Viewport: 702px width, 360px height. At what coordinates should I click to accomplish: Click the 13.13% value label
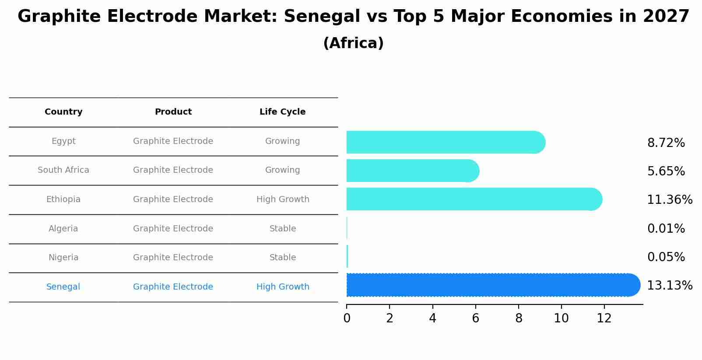[x=669, y=286]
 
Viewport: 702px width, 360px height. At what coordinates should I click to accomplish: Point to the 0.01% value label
[x=666, y=229]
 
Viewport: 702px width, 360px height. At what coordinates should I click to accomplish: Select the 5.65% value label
[x=666, y=171]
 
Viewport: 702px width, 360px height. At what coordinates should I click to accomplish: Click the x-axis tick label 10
[x=561, y=318]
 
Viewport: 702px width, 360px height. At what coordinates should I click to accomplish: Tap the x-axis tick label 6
[x=475, y=318]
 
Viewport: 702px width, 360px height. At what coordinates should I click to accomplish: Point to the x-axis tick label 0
[x=347, y=318]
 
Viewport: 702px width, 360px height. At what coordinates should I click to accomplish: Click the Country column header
[x=63, y=112]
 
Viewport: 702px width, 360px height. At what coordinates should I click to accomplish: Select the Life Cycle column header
[x=282, y=112]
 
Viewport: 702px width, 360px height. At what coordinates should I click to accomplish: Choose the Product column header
[x=173, y=112]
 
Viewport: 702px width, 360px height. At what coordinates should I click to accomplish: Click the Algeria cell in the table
[x=63, y=229]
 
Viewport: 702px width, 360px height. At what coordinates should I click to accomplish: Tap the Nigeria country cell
[x=63, y=258]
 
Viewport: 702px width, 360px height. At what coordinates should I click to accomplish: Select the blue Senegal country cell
[x=63, y=287]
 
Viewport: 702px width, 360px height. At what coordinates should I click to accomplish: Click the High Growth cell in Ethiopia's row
[x=283, y=199]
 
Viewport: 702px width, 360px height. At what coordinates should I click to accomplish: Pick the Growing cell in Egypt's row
[x=282, y=141]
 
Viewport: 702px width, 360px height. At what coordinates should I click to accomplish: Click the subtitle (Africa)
[x=353, y=43]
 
